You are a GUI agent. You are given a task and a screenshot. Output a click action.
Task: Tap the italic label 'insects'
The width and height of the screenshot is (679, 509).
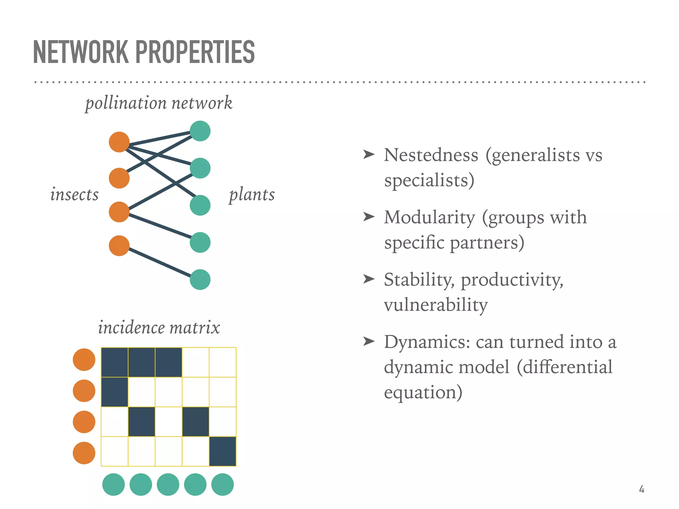click(74, 194)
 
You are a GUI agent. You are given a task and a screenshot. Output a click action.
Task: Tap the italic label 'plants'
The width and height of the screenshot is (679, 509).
click(252, 194)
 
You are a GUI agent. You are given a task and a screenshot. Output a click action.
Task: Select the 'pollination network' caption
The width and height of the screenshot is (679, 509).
click(158, 103)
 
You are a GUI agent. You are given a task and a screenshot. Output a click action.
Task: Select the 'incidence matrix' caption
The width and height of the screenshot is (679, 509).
click(159, 327)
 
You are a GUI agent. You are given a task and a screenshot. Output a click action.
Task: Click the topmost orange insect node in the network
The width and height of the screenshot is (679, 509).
click(119, 142)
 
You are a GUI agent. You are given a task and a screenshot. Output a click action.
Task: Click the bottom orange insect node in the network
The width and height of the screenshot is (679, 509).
click(119, 246)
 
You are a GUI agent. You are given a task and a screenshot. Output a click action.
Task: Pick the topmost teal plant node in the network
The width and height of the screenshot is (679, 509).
click(200, 131)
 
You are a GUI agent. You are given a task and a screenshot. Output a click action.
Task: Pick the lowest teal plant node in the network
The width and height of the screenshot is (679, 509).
click(200, 280)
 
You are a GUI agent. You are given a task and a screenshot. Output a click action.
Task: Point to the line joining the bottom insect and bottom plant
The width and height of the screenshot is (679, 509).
click(159, 262)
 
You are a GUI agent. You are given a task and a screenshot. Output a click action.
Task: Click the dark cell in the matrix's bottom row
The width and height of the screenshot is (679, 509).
click(222, 451)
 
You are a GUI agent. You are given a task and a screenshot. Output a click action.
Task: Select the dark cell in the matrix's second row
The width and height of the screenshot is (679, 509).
click(115, 392)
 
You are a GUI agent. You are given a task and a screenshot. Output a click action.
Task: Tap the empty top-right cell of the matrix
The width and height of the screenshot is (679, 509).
click(222, 362)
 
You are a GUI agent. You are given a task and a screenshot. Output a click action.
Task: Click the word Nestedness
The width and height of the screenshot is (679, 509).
click(431, 155)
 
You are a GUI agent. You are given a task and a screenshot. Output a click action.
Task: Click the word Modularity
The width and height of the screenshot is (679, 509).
click(429, 217)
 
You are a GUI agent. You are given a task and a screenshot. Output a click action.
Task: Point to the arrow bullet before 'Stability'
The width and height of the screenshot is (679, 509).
click(369, 279)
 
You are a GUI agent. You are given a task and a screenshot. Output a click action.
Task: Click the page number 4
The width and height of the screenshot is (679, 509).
click(642, 489)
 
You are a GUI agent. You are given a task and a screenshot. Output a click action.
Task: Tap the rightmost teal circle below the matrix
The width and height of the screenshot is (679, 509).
click(222, 484)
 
